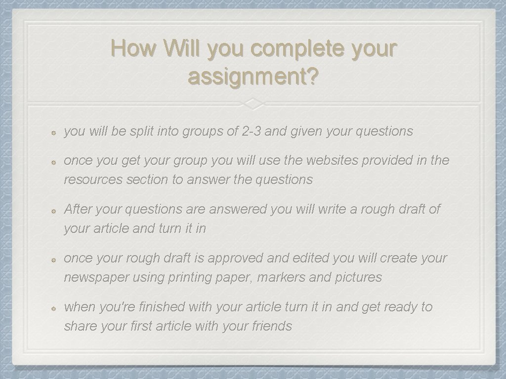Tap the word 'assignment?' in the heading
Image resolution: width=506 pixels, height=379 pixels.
[x=253, y=77]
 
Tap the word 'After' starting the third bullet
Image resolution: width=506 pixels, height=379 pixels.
[x=79, y=209]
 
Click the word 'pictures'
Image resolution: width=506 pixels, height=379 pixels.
[x=358, y=277]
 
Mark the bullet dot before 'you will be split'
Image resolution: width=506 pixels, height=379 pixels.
[x=55, y=132]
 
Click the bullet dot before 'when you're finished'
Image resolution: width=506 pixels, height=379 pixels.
[x=55, y=307]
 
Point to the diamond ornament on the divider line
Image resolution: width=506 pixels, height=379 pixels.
[x=253, y=104]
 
